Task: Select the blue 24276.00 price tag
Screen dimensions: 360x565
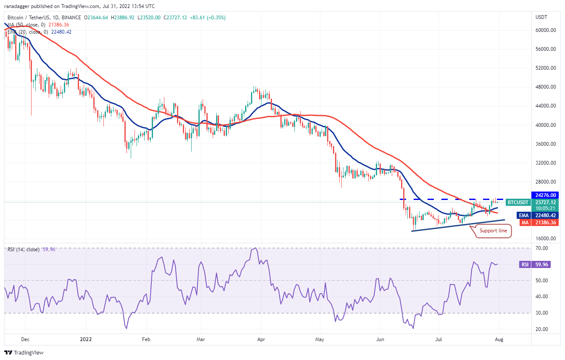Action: tap(546, 195)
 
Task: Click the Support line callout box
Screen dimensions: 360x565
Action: tap(493, 231)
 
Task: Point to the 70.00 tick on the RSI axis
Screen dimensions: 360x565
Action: tap(542, 248)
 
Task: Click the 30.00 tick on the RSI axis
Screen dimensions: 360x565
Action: tap(542, 313)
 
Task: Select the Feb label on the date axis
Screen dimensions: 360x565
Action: tap(146, 338)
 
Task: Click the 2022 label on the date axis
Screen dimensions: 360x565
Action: tap(86, 338)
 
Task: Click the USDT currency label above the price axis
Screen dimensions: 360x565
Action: tap(541, 17)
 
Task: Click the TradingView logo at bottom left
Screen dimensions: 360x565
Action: tap(24, 352)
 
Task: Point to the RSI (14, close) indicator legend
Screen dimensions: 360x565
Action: tap(24, 250)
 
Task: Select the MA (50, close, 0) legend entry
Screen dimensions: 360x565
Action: tap(26, 25)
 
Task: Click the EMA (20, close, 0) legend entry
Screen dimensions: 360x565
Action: tap(28, 32)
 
